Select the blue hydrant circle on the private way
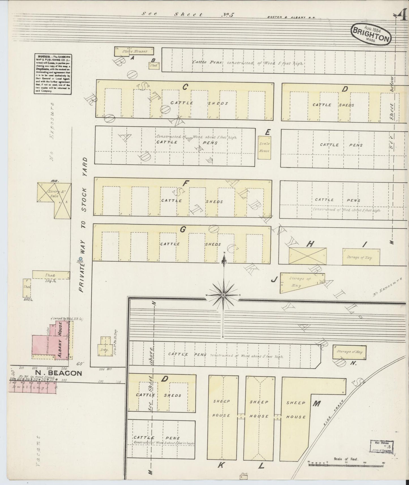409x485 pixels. coord(80,258)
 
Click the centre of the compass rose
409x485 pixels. coord(224,295)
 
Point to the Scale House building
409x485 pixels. coord(264,147)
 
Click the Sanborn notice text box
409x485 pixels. coord(53,74)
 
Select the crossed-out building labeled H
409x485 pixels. coord(307,256)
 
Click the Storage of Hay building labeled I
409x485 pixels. coord(359,257)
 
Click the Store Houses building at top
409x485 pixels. coord(134,51)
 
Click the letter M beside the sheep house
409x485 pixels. coord(316,404)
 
